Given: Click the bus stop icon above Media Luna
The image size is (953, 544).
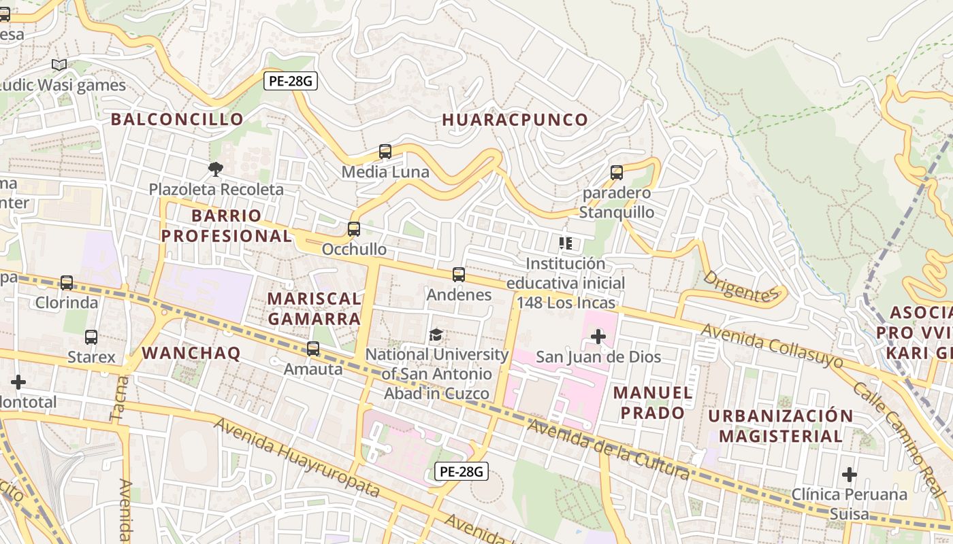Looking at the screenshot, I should coord(385,152).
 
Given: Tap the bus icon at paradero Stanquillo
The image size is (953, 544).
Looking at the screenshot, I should coord(617,172).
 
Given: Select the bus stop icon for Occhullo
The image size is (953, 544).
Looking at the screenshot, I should coord(354,229).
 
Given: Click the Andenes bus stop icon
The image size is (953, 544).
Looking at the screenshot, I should coord(459,275).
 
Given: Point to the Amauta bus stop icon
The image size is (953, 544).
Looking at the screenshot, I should coord(313,349).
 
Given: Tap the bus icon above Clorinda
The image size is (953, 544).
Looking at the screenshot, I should coord(67,282).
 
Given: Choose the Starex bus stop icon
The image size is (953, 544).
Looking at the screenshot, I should coord(91,337).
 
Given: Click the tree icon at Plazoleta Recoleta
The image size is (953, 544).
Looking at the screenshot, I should coord(216,169).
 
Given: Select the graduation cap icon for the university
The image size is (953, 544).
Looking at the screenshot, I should coord(436,335).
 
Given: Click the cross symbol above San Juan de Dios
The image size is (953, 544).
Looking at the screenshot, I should coord(598,336).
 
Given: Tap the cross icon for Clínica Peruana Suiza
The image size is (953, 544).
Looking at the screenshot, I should coord(849,474).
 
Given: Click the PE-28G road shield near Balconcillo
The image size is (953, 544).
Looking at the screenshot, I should coord(291,82).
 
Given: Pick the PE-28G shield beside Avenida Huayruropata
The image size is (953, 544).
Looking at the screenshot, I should coord(462,471).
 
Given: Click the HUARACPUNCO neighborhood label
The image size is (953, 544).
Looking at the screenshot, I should coord(515,120).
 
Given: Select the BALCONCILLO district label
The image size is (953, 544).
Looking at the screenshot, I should coord(177,119).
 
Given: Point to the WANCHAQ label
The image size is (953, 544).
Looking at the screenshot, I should coord(191,353).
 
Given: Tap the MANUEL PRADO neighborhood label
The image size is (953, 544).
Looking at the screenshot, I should coord(653,403).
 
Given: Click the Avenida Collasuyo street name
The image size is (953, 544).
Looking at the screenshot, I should coord(772,346).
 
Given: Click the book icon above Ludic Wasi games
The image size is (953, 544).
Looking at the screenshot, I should coord(59,65).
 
